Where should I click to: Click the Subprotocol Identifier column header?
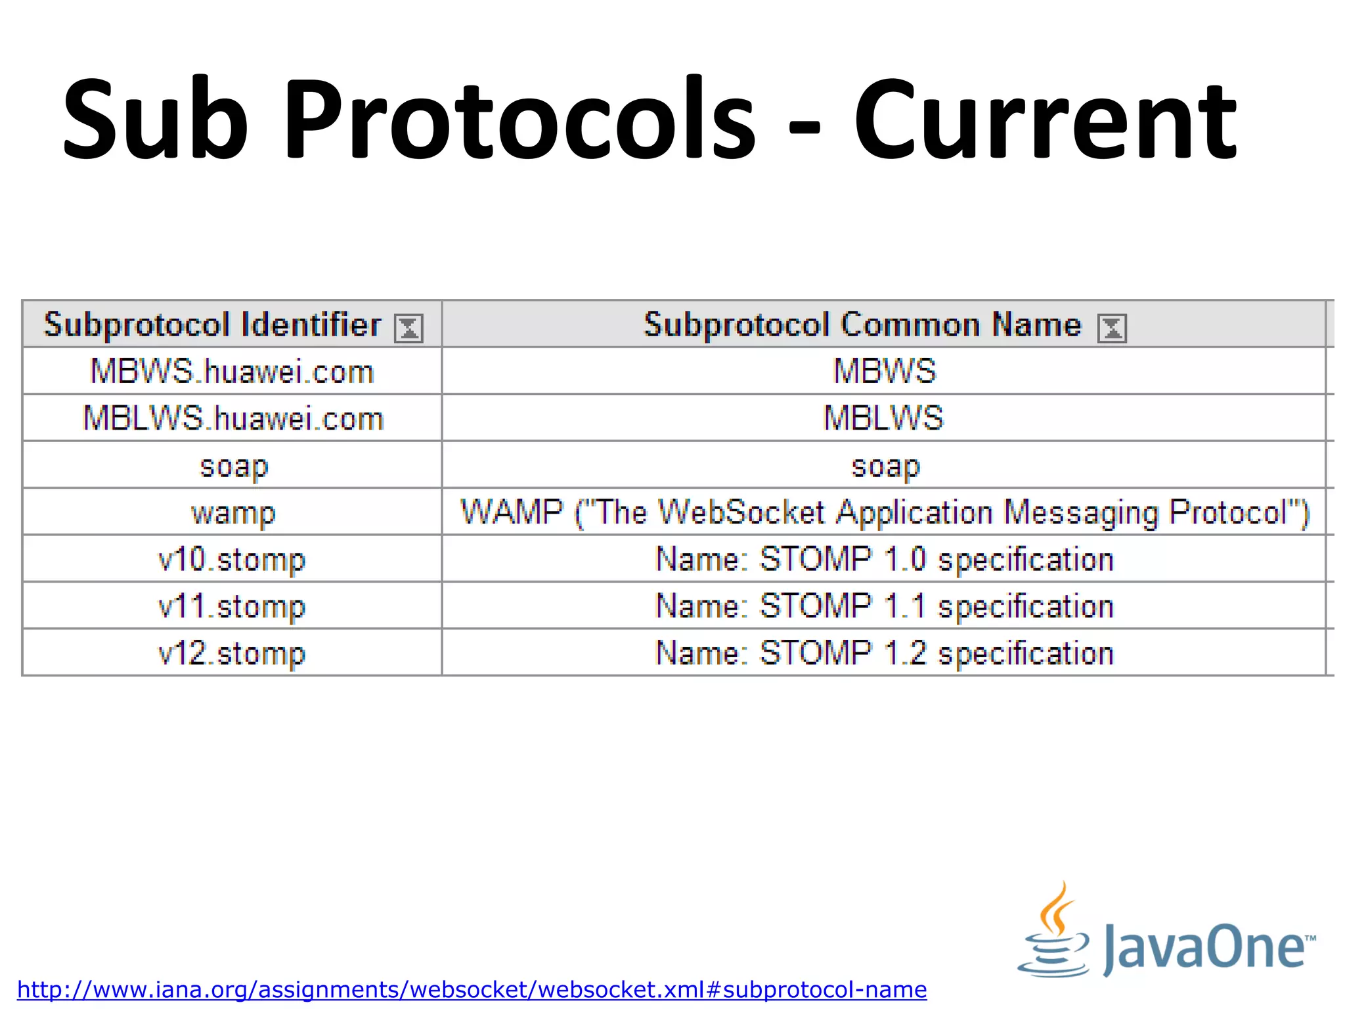(212, 325)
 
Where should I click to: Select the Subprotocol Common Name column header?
(862, 325)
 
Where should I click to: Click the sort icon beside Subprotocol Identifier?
(408, 328)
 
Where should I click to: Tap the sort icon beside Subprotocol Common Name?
(1112, 328)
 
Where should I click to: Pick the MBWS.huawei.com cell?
(232, 371)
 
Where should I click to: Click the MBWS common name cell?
(884, 371)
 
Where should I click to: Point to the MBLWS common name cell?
(884, 418)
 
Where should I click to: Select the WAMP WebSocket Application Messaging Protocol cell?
(884, 512)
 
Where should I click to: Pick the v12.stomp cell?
(232, 653)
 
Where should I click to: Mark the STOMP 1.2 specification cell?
(884, 653)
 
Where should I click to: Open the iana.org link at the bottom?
(472, 989)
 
